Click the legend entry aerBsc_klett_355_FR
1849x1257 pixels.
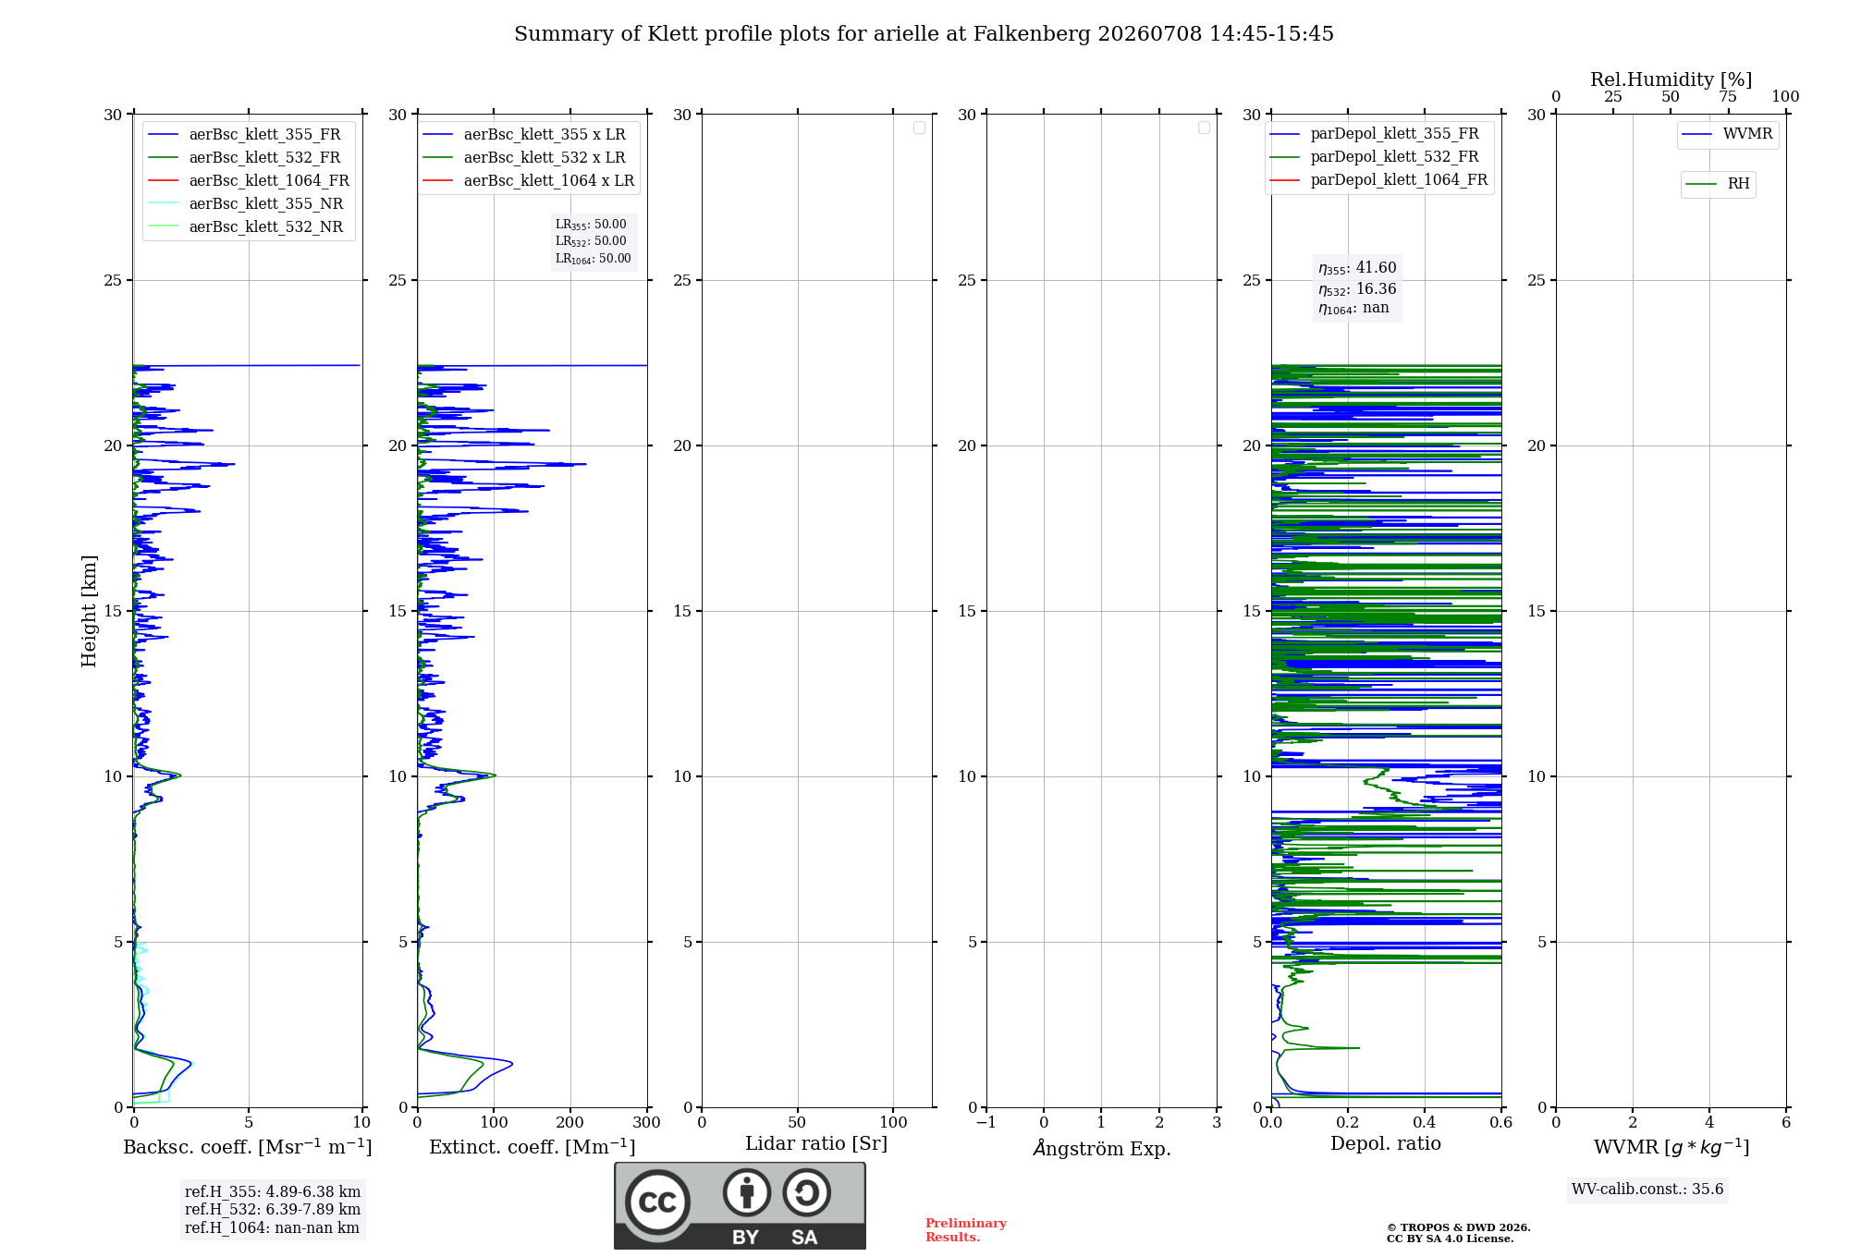click(245, 135)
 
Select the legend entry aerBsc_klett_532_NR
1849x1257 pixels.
click(246, 227)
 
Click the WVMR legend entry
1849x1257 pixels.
click(1728, 134)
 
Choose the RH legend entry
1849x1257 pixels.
click(1718, 184)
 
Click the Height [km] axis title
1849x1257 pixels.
click(89, 611)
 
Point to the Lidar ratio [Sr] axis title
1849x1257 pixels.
click(816, 1144)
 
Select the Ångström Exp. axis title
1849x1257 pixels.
click(1102, 1148)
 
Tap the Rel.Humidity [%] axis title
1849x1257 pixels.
click(1671, 79)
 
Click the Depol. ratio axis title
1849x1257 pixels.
click(1386, 1144)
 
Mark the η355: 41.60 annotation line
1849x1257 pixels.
click(1357, 268)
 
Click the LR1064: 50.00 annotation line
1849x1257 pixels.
click(593, 259)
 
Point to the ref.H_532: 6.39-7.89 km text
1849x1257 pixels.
click(273, 1210)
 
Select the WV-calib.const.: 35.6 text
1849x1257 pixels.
click(1647, 1190)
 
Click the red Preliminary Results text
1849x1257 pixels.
click(966, 1230)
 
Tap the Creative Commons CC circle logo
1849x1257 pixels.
click(657, 1202)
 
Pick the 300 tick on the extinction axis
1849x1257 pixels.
click(647, 1123)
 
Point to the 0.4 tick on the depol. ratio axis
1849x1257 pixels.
click(1425, 1123)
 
